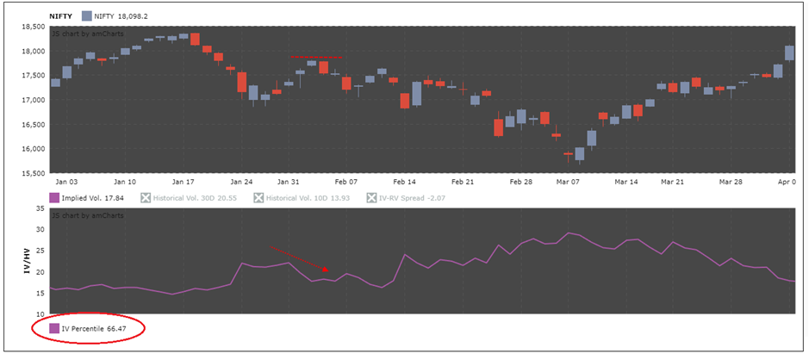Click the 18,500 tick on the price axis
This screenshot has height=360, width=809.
tap(32, 27)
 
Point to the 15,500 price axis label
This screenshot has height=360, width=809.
tap(32, 173)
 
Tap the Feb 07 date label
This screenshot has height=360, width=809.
tap(345, 183)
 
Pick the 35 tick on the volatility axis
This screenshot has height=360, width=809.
tap(39, 208)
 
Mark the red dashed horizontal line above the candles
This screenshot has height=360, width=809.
tap(316, 58)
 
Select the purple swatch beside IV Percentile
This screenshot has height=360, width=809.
tap(54, 328)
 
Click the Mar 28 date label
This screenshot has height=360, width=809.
tap(731, 183)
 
